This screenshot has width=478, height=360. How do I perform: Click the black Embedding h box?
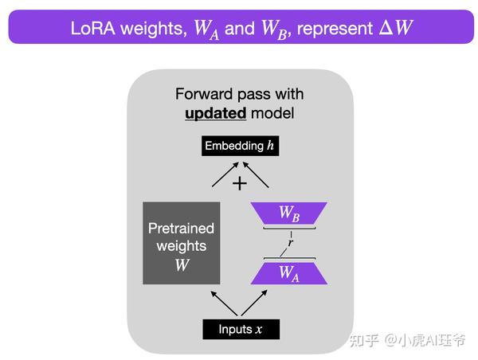tap(239, 147)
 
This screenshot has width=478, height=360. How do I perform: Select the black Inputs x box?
tap(240, 329)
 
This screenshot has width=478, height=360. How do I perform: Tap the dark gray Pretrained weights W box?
tap(182, 243)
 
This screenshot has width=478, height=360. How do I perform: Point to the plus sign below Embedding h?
tap(239, 183)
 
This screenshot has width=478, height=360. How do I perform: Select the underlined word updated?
tap(215, 113)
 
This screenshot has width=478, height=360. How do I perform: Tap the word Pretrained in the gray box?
tap(182, 229)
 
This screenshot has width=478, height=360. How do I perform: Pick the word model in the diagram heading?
tap(272, 113)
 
